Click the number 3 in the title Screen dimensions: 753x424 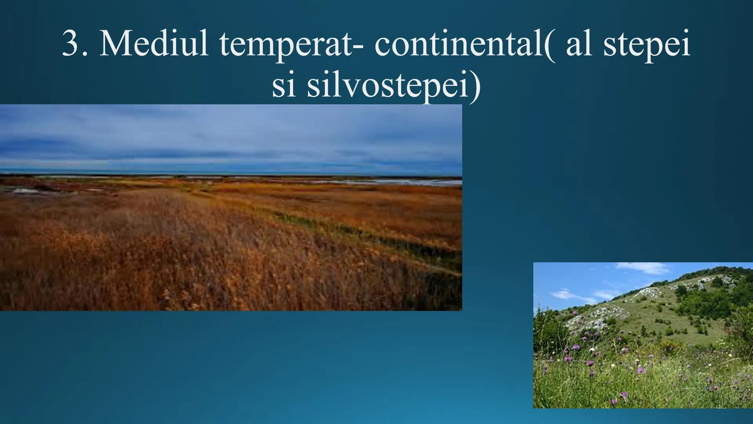tap(71, 45)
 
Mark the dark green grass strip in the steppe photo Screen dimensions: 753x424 tap(353, 232)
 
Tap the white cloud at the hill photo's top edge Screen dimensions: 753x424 tap(643, 268)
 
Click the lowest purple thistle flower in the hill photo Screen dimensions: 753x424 tap(623, 395)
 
